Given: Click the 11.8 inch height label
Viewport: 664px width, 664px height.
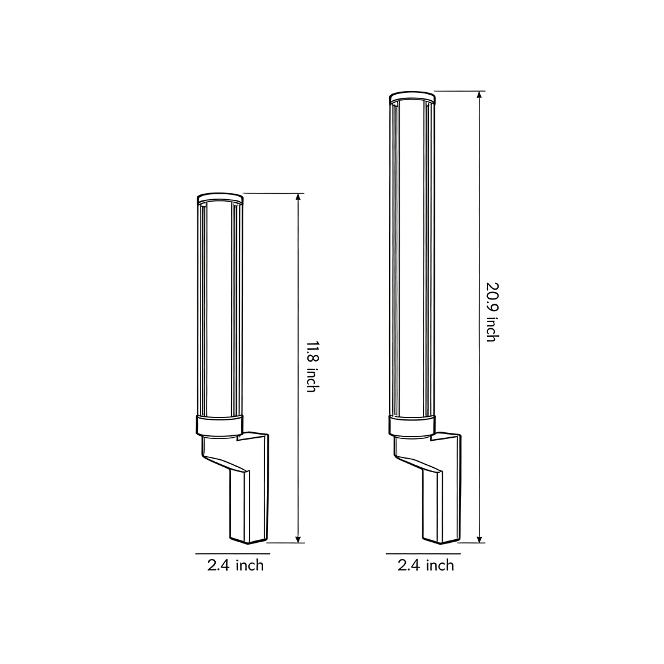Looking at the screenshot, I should point(311,366).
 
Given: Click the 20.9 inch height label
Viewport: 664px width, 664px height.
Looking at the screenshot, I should point(491,312).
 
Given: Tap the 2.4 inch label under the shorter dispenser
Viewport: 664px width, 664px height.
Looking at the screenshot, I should point(235,565).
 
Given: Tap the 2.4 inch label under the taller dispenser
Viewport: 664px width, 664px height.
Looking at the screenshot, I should point(426,565).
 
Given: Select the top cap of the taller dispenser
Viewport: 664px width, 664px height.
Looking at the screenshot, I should point(412,97).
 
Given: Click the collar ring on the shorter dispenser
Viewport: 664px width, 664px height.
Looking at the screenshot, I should point(219,425).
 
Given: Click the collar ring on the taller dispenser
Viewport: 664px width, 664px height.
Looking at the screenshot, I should point(412,424).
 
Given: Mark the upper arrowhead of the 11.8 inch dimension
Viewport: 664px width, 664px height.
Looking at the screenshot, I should point(298,197).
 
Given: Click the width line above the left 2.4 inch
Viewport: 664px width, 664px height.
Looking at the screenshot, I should point(233,553).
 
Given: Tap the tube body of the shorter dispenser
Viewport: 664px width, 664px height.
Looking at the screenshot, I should point(219,307).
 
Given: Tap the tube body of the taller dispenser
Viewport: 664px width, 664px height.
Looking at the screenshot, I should point(412,258).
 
